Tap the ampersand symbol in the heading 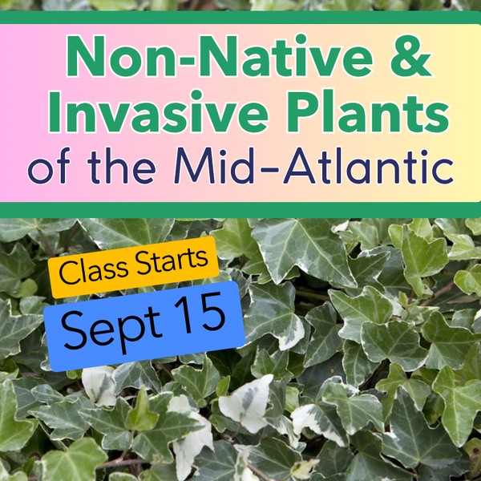coord(410,56)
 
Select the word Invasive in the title coord(158,111)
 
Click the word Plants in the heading coord(367,111)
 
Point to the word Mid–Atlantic coord(313,166)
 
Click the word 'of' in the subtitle coord(49,166)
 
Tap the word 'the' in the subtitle coord(121,166)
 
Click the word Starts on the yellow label coord(172,261)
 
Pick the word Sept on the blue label coord(111,329)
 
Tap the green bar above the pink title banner coord(240,18)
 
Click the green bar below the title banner coord(240,210)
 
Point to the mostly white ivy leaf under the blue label coord(99,386)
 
